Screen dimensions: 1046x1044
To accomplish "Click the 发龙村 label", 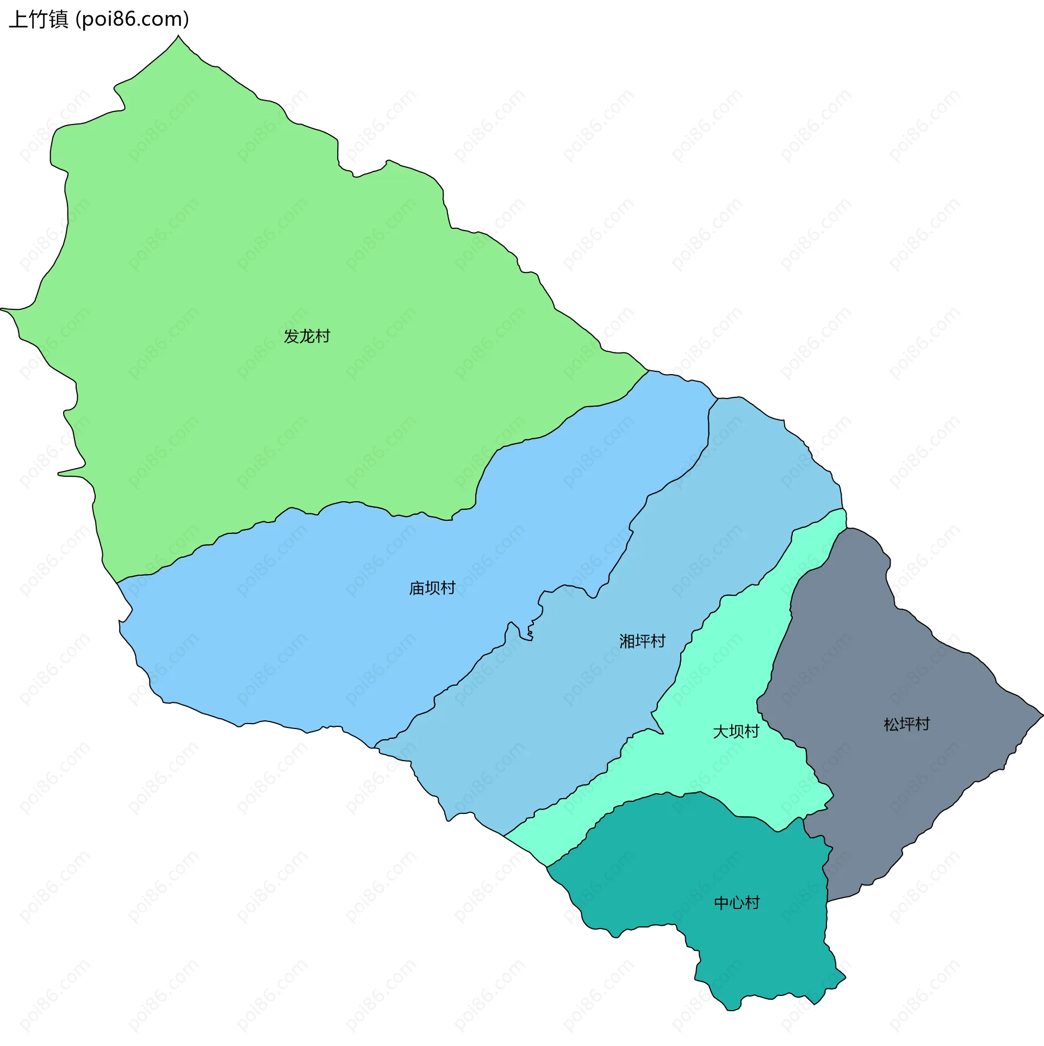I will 307,337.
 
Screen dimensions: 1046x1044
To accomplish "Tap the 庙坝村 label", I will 432,588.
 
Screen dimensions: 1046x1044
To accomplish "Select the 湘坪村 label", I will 642,642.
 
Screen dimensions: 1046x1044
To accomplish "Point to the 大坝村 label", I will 736,732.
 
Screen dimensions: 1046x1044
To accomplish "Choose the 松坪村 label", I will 906,725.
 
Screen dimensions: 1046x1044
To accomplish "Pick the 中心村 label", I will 736,903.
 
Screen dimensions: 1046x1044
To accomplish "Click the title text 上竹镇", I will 39,20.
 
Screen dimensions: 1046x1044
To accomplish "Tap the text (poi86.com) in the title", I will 132,20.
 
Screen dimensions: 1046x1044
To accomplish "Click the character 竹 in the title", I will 39,20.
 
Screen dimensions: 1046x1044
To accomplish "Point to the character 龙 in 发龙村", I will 307,337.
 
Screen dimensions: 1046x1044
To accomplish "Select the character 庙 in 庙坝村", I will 417,588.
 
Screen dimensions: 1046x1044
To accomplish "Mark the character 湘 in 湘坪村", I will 627,642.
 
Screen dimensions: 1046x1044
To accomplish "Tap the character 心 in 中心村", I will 736,903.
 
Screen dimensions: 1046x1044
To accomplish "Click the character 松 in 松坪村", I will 891,725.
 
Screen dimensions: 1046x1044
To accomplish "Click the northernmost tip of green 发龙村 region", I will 178,36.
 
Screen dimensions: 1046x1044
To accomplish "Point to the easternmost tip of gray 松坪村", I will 1042,715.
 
